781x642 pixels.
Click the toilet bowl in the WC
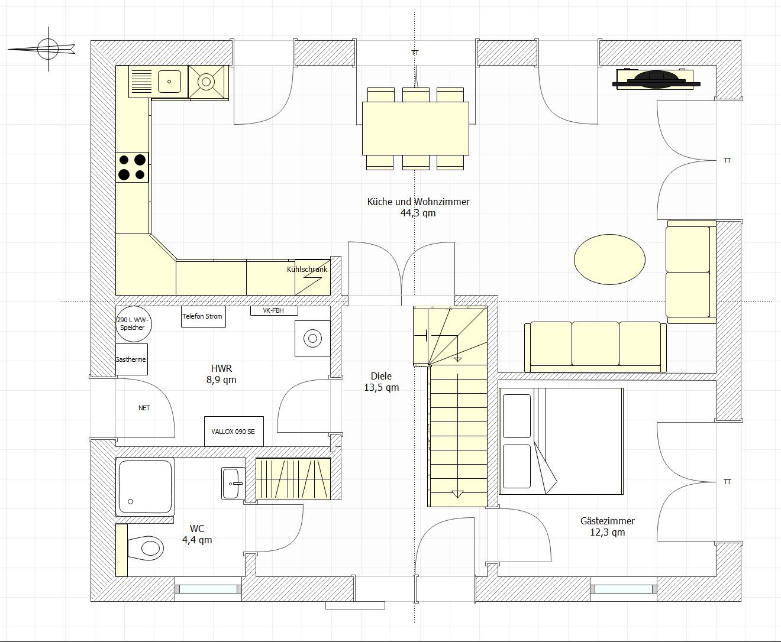pos(146,548)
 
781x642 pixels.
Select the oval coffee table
pos(609,260)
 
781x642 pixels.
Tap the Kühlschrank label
pos(307,270)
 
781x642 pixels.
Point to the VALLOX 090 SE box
pos(234,432)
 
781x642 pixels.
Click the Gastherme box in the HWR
pos(131,359)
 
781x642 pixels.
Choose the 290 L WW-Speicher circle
pos(133,324)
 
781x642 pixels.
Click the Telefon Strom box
pos(204,317)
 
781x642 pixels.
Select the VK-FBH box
pos(274,311)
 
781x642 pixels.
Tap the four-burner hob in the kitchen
pos(132,167)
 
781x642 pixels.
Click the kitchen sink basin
pos(169,82)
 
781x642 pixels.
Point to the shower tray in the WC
pos(145,487)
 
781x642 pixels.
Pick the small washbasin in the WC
pos(233,484)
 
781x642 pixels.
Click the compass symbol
pos(47,49)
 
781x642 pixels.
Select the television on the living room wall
pos(656,79)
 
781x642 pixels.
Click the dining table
pos(415,128)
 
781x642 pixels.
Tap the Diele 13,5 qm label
pos(382,382)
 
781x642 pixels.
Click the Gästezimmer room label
pos(607,527)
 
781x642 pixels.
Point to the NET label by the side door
pos(144,408)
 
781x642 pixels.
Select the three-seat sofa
pos(595,347)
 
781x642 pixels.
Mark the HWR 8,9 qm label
pos(221,374)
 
